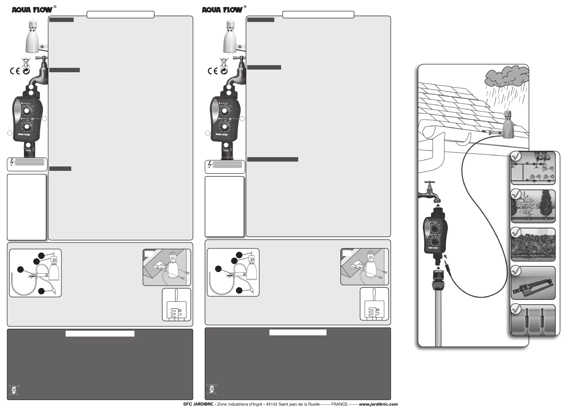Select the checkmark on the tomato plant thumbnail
tap(516, 156)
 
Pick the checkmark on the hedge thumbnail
tap(516, 233)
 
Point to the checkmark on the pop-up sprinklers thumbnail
tap(516, 309)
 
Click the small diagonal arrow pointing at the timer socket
tap(446, 257)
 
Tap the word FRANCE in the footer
tap(339, 404)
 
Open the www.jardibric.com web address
tap(378, 404)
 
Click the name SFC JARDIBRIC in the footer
tap(198, 404)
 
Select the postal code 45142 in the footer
tap(272, 404)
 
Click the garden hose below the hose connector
tap(438, 316)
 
